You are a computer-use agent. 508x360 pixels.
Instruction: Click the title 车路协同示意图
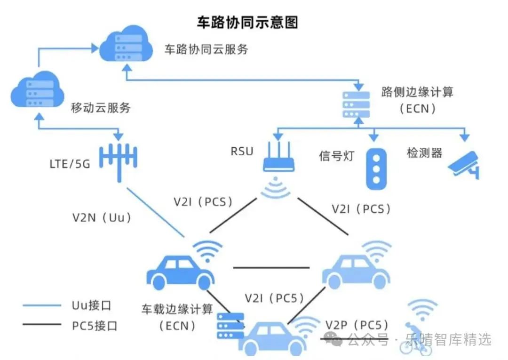point(247,23)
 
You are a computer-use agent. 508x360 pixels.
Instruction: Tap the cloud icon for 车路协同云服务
point(126,44)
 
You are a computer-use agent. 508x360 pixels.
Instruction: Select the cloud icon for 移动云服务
point(38,89)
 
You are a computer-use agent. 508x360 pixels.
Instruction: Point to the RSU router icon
point(278,157)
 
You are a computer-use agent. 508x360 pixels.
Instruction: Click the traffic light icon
point(376,169)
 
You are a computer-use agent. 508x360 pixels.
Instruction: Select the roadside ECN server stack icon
point(356,104)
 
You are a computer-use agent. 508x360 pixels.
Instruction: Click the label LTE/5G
point(70,164)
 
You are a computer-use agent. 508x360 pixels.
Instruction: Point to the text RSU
point(242,152)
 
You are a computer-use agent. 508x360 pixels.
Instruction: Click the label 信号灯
point(337,156)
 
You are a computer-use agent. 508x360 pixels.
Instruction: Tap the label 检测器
point(424,152)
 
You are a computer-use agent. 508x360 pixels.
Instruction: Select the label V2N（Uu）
point(102,217)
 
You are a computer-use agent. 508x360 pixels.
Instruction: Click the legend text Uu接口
point(91,305)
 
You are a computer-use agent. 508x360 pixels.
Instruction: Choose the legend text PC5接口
point(94,326)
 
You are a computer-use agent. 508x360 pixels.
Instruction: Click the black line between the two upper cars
point(271,268)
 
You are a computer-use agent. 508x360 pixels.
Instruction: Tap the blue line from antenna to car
point(156,212)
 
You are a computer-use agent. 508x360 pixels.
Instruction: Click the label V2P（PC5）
point(357,325)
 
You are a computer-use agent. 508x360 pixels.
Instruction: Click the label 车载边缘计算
point(177,309)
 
